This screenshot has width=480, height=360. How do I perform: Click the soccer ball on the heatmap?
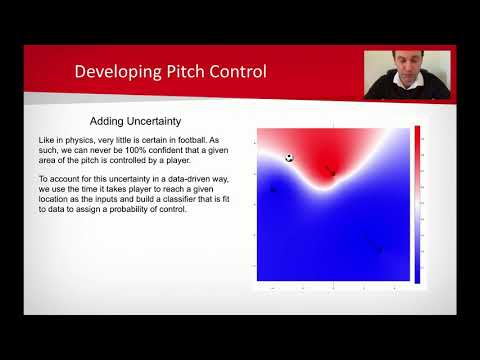click(289, 158)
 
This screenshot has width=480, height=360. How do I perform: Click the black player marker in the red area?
click(331, 172)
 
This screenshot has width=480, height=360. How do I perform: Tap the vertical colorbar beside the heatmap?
click(416, 204)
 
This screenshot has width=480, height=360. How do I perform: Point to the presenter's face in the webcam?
click(404, 63)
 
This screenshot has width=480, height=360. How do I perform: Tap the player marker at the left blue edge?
click(272, 188)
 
